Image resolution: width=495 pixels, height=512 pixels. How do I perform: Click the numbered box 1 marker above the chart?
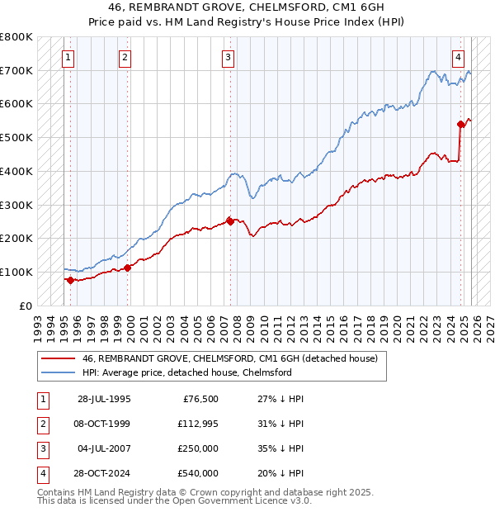[x=67, y=57]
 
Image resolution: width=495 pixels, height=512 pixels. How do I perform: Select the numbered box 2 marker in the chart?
[x=125, y=57]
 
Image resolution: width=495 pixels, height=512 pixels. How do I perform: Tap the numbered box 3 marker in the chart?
[x=228, y=57]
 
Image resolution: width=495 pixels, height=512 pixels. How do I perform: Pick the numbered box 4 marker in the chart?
[x=458, y=57]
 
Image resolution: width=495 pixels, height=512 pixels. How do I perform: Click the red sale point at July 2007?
[x=229, y=220]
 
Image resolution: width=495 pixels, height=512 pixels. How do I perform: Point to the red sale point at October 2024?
[x=461, y=124]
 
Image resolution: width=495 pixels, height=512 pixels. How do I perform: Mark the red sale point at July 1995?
[x=70, y=280]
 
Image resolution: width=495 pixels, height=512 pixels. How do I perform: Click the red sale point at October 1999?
[x=127, y=268]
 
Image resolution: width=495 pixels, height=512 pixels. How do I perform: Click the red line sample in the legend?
[x=59, y=359]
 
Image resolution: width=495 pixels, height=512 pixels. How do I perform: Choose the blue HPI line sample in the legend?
[x=59, y=373]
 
